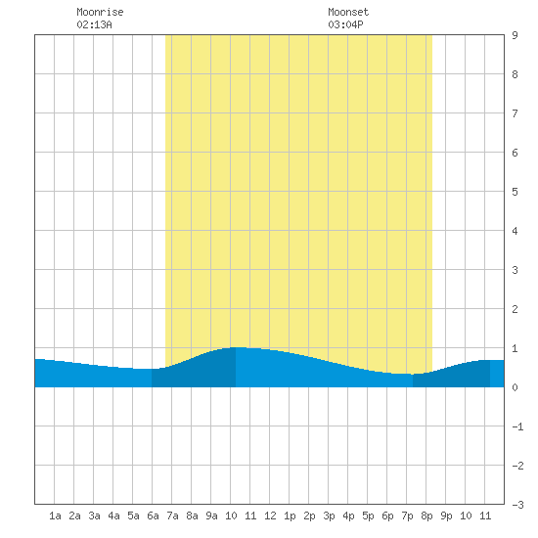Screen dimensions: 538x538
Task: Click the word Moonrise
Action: click(100, 12)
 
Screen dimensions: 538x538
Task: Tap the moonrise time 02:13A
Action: click(94, 24)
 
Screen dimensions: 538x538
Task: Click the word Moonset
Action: click(348, 12)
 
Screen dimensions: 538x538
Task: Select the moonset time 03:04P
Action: click(345, 24)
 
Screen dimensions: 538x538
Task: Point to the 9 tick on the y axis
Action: click(515, 35)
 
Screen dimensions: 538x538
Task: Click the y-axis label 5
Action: click(515, 192)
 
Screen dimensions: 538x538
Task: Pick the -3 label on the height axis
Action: click(517, 505)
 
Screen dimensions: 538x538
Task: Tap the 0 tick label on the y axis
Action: click(515, 387)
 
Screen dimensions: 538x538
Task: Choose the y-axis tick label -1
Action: click(517, 426)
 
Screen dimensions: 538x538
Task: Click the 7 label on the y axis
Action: click(515, 113)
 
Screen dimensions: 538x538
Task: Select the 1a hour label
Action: click(55, 516)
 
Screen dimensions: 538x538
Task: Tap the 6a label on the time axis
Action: click(153, 516)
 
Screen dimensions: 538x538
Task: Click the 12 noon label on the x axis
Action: click(270, 516)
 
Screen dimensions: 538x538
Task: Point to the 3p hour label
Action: click(329, 516)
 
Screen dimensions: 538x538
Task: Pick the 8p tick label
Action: click(426, 516)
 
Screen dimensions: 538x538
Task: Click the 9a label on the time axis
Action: click(211, 516)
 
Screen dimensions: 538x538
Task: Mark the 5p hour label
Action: click(368, 516)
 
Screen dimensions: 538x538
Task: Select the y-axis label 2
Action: click(515, 309)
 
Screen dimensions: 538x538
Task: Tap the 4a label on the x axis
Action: click(113, 516)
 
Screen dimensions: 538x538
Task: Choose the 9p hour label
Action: click(446, 516)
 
